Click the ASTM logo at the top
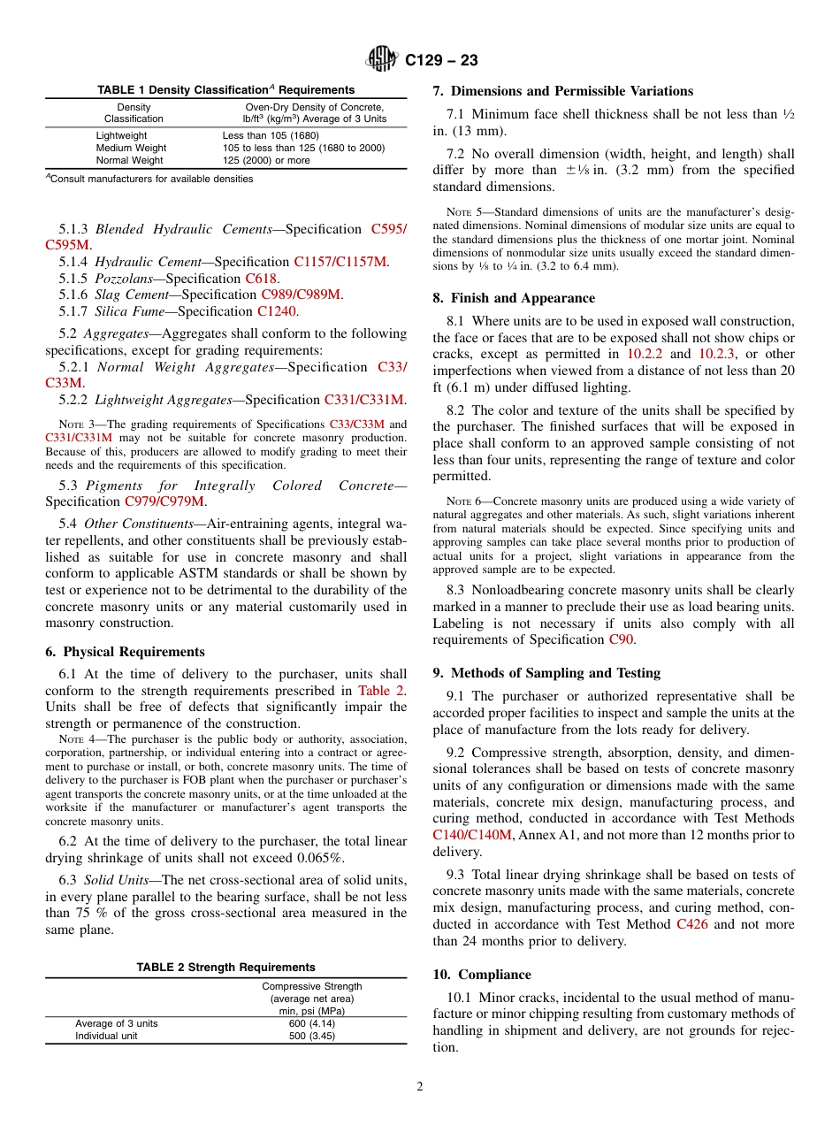pyautogui.click(x=383, y=60)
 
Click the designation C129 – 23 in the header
pyautogui.click(x=441, y=60)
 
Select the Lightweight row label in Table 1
pyautogui.click(x=121, y=135)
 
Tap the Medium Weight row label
pyautogui.click(x=131, y=148)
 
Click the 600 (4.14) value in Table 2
pyautogui.click(x=311, y=1023)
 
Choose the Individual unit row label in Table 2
pyautogui.click(x=106, y=1036)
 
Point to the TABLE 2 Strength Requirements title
pyautogui.click(x=225, y=967)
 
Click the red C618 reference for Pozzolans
pyautogui.click(x=262, y=278)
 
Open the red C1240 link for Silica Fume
pyautogui.click(x=276, y=311)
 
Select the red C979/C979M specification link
pyautogui.click(x=164, y=501)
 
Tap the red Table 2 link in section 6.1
pyautogui.click(x=381, y=691)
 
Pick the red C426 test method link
pyautogui.click(x=691, y=924)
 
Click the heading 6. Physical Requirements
pyautogui.click(x=125, y=652)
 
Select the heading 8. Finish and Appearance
pyautogui.click(x=514, y=298)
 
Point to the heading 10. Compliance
pyautogui.click(x=482, y=975)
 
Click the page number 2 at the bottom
pyautogui.click(x=420, y=1087)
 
